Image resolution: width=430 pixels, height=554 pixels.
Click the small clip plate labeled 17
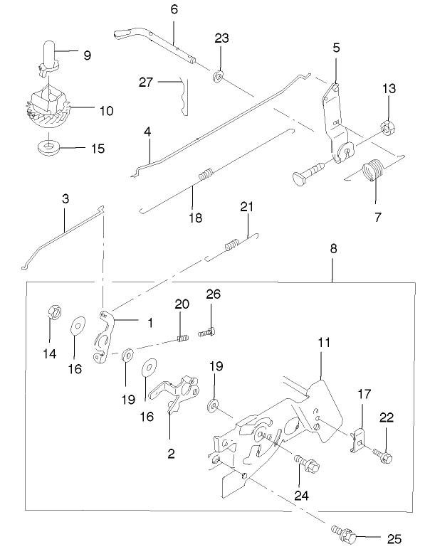pos(360,437)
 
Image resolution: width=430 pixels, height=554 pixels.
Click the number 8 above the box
pos(333,250)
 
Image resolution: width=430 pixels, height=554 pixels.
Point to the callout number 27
pos(147,82)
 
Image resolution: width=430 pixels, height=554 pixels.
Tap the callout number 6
pos(174,9)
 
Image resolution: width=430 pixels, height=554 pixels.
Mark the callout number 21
pos(246,206)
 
